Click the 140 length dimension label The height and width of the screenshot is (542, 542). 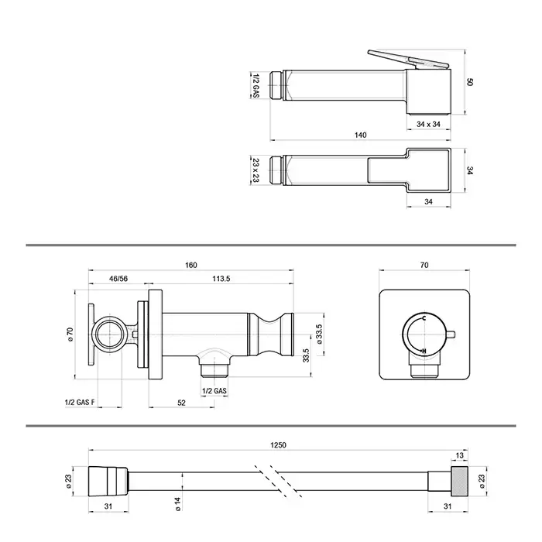coord(360,135)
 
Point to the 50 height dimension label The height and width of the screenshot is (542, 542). coord(471,81)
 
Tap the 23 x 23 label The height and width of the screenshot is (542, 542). coord(256,170)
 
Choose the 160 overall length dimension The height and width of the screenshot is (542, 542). coord(190,266)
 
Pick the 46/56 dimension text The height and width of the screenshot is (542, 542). coord(118,277)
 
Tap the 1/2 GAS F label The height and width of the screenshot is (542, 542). coord(80,402)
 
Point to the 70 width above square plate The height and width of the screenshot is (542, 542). coord(424,266)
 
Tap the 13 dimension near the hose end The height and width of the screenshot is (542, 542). coord(461,456)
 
